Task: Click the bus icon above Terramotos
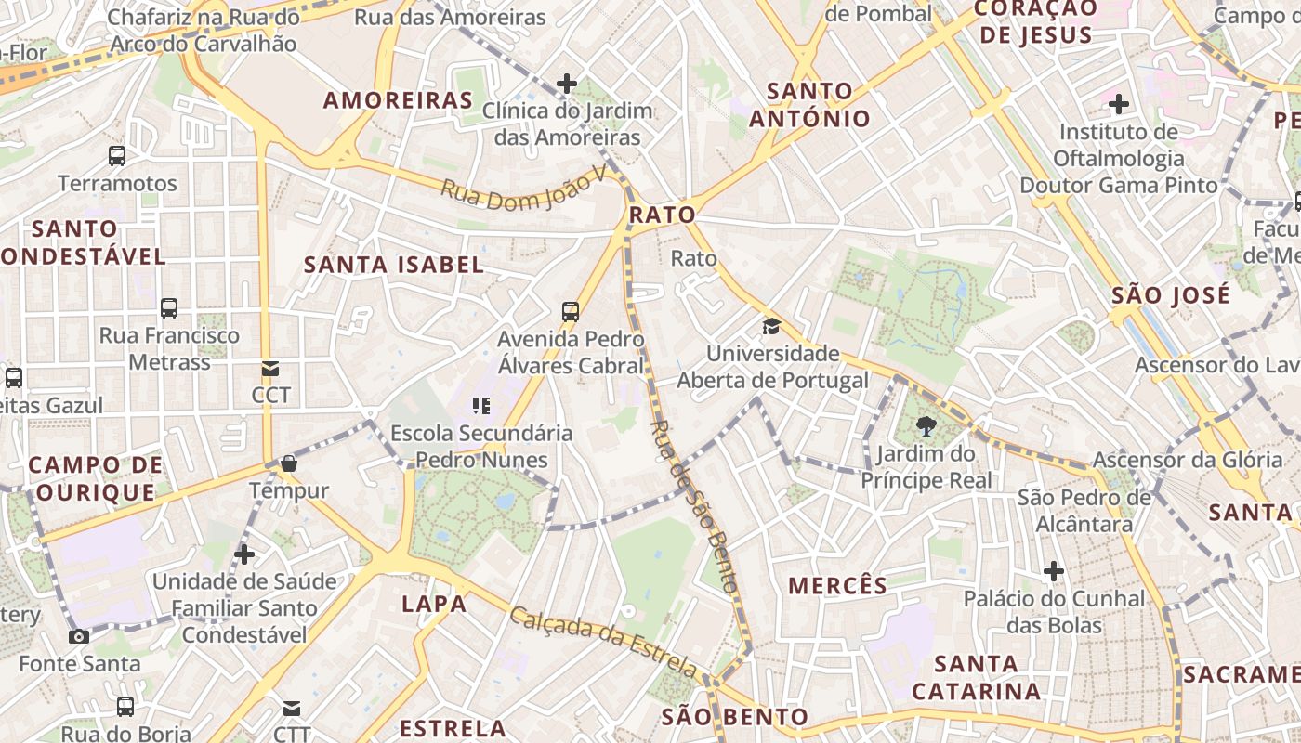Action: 117,155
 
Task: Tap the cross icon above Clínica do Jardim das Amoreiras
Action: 567,84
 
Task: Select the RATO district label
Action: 662,215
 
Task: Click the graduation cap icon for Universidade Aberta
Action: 771,326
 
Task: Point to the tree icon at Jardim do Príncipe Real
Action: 926,426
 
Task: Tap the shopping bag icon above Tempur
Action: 289,463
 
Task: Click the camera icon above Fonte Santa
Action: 79,636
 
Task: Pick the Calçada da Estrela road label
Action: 603,642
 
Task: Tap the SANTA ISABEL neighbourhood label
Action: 394,265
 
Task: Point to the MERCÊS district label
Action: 838,585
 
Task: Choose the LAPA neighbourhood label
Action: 434,604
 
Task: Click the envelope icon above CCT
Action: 270,369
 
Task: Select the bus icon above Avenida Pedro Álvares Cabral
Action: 571,312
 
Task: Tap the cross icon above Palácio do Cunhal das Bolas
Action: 1053,570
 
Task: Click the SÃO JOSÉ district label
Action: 1171,295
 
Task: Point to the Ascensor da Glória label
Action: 1187,460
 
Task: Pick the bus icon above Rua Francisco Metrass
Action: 169,308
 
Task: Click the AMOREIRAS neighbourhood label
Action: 398,100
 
